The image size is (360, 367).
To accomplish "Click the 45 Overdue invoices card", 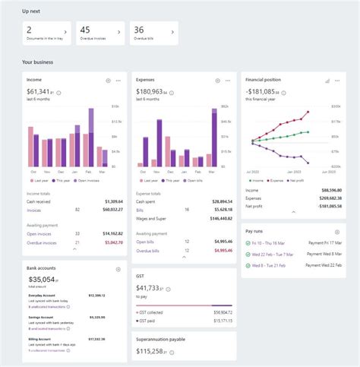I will [x=99, y=33].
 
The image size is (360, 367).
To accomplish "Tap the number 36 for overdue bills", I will [x=139, y=30].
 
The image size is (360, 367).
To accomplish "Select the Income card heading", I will [x=33, y=79].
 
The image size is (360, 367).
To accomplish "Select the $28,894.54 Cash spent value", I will [x=221, y=201].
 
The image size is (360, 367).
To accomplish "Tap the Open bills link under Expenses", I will [x=147, y=242].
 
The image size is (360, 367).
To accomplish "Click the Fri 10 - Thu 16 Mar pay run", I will [x=274, y=243].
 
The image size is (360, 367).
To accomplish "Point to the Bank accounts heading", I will [x=40, y=268].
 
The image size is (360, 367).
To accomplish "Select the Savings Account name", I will [x=42, y=317].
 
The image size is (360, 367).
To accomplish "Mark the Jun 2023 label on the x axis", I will [x=308, y=174].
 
